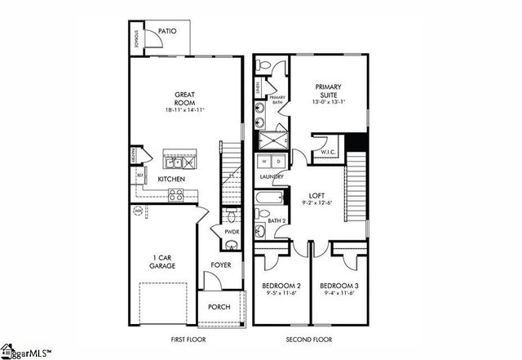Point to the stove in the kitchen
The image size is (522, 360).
click(x=176, y=194)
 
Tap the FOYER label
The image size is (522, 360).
click(x=220, y=265)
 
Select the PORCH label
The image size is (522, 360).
click(x=219, y=307)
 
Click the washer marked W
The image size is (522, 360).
click(x=264, y=162)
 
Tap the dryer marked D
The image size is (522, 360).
click(x=277, y=162)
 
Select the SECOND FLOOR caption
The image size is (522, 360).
click(x=308, y=339)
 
